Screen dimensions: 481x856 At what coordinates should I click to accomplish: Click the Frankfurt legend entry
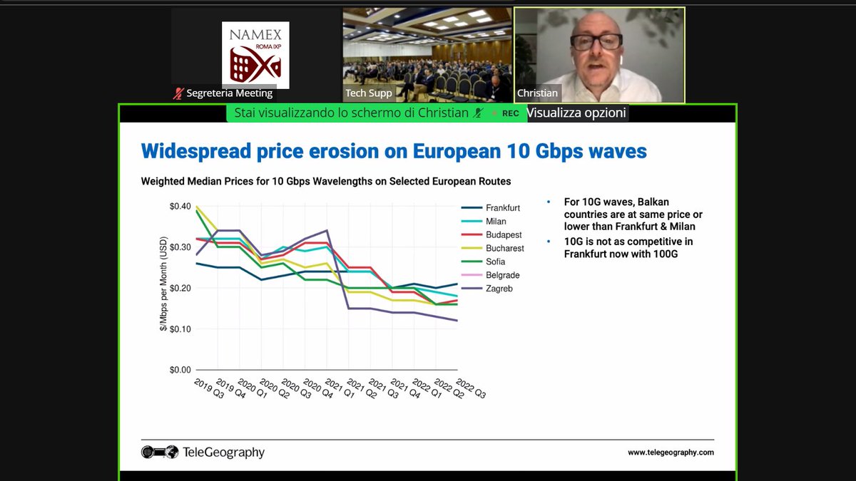click(x=502, y=208)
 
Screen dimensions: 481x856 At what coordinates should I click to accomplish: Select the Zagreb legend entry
click(x=498, y=289)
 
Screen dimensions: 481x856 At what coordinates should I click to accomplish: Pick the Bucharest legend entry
click(x=504, y=249)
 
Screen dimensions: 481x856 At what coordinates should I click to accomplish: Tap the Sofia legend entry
click(x=496, y=262)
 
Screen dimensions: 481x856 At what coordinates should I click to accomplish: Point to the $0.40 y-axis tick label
click(x=180, y=207)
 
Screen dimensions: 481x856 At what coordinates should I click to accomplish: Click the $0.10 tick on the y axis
click(x=180, y=329)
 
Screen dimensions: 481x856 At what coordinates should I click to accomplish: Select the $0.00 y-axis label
click(x=180, y=370)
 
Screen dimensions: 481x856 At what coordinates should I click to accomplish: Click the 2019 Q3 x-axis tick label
click(x=209, y=388)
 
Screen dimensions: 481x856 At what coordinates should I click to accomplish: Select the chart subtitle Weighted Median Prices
click(x=325, y=182)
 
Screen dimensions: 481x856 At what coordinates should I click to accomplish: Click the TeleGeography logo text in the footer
click(x=223, y=452)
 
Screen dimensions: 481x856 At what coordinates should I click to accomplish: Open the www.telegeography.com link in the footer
click(x=670, y=452)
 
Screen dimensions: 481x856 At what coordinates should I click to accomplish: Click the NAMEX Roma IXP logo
click(x=255, y=53)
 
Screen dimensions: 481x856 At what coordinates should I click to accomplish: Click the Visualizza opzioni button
click(x=576, y=113)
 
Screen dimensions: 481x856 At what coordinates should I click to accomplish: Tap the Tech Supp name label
click(x=369, y=93)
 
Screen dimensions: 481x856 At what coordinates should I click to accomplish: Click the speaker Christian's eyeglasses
click(x=596, y=41)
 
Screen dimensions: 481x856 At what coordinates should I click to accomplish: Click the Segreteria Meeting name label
click(x=229, y=93)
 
